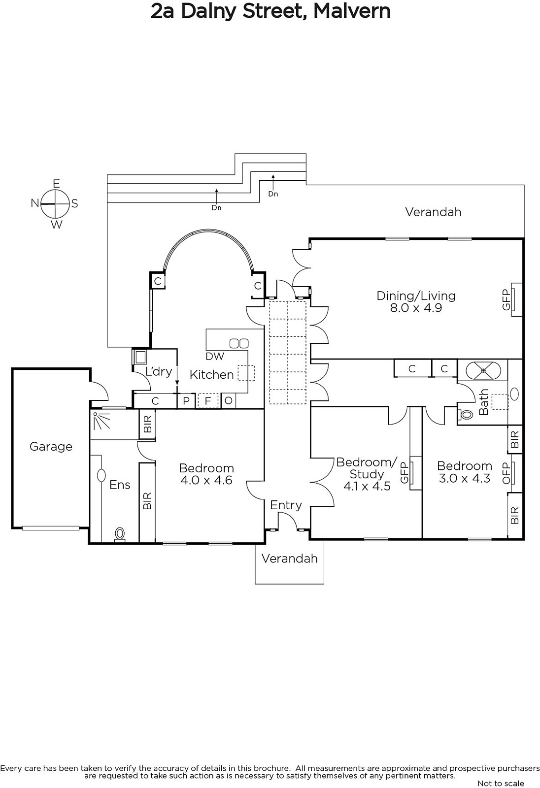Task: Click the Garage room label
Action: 51,446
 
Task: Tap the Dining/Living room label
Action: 416,296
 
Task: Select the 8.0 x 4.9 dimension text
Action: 416,308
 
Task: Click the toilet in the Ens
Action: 120,534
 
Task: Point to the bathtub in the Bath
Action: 483,370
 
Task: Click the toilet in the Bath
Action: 466,415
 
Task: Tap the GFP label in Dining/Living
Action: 506,300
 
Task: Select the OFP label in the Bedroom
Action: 506,473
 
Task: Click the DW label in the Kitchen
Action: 215,357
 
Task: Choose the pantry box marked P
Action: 186,401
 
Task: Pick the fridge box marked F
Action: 208,401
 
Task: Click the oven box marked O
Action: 229,401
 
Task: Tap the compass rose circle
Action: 55,204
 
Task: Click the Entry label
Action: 286,505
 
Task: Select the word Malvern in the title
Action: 352,11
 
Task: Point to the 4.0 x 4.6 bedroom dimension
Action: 206,480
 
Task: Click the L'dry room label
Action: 159,371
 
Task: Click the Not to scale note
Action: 501,783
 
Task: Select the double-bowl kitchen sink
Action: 239,343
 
